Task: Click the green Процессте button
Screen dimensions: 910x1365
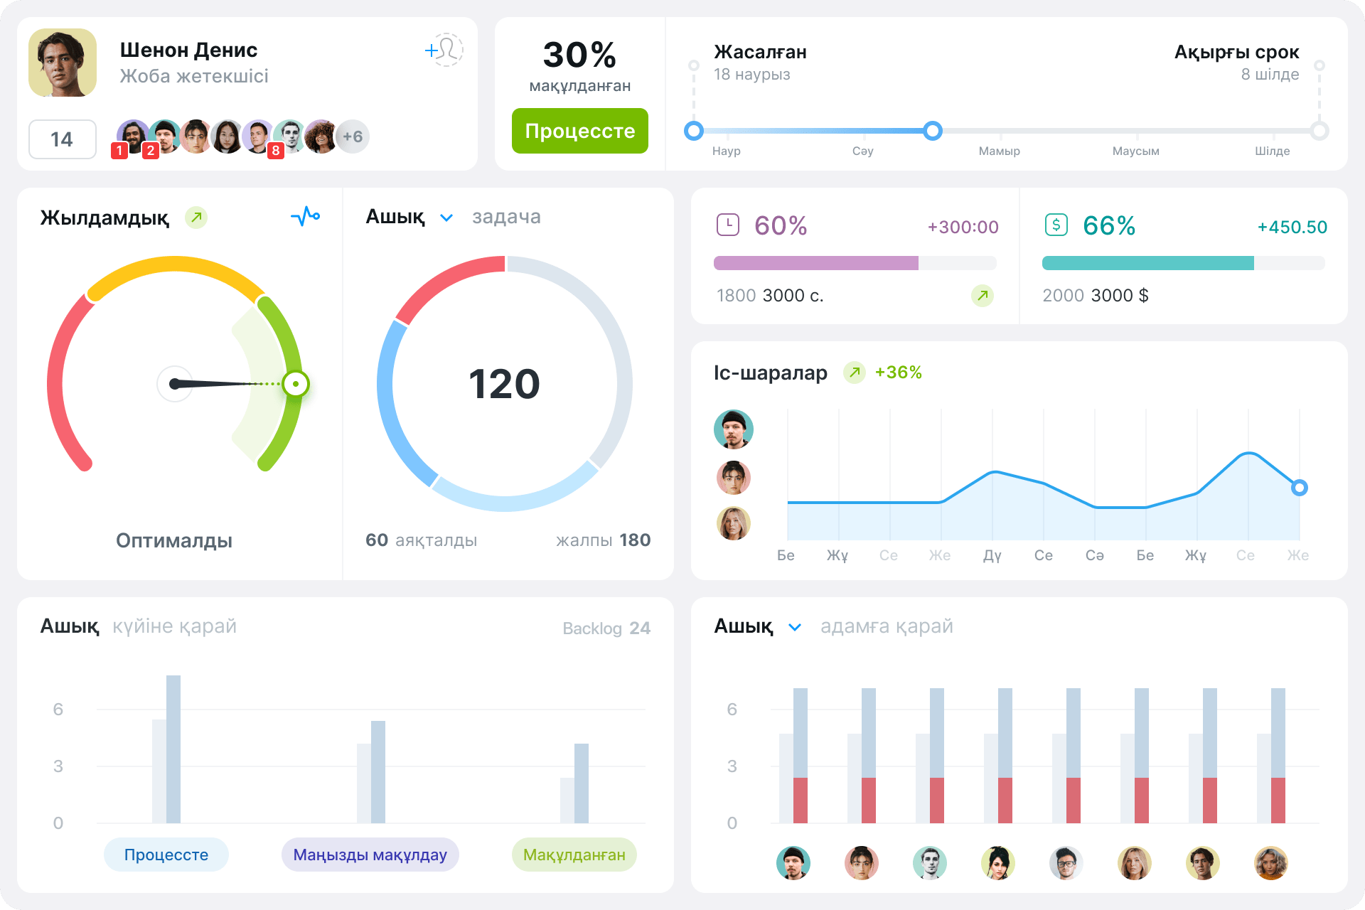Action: tap(579, 131)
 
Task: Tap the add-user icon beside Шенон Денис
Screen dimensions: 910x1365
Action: tap(444, 50)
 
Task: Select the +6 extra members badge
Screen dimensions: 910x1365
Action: tap(353, 136)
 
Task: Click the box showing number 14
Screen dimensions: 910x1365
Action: tap(62, 139)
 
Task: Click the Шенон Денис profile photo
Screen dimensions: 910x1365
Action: tap(63, 63)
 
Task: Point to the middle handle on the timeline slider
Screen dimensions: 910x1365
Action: tap(933, 131)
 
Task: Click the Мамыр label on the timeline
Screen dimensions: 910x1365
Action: tap(999, 151)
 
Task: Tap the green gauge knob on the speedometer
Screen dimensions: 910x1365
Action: tap(295, 384)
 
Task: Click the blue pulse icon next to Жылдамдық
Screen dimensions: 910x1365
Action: tap(306, 216)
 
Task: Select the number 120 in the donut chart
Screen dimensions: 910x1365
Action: tap(505, 384)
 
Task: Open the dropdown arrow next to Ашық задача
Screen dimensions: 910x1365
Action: tap(446, 218)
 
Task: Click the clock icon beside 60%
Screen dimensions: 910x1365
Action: tap(728, 225)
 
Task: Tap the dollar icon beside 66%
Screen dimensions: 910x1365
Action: tap(1056, 225)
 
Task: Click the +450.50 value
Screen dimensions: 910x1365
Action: tap(1292, 227)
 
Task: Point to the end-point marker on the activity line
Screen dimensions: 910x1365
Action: tap(1300, 488)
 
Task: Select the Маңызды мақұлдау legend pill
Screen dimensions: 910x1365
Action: tap(370, 855)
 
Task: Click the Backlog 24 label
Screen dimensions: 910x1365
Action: tap(606, 628)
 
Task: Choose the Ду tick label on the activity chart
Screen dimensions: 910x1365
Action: tap(992, 555)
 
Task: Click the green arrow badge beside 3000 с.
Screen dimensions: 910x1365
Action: tap(983, 295)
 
